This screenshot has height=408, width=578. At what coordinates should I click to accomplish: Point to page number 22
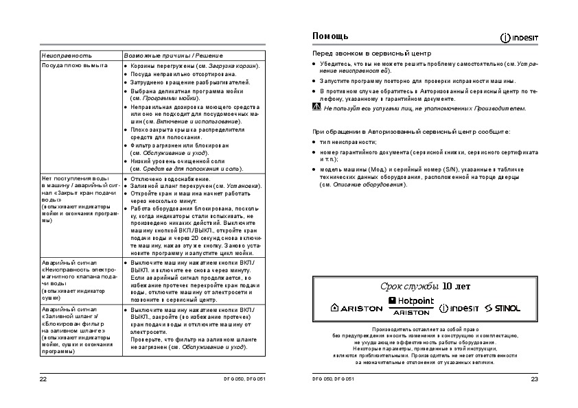(43, 379)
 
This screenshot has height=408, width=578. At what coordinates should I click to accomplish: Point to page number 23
(534, 379)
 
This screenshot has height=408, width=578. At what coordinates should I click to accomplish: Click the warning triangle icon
(316, 107)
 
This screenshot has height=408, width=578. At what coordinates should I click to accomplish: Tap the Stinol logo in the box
(502, 308)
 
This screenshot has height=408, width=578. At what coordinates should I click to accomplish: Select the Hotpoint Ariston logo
(411, 306)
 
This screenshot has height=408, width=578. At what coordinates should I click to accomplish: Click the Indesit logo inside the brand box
(459, 308)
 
